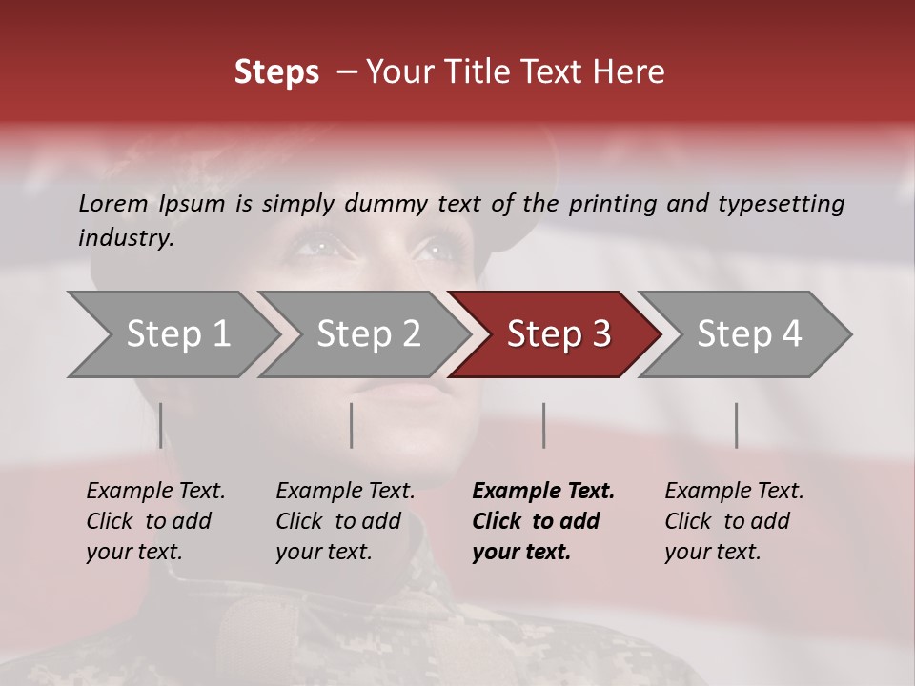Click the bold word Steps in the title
pos(276,72)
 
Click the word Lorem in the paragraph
pos(113,203)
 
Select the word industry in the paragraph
pos(125,238)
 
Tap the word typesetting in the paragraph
pos(781,204)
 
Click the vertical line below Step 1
pos(160,425)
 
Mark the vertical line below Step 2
pos(352,425)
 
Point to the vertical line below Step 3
pos(543,425)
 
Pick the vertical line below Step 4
pos(736,425)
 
